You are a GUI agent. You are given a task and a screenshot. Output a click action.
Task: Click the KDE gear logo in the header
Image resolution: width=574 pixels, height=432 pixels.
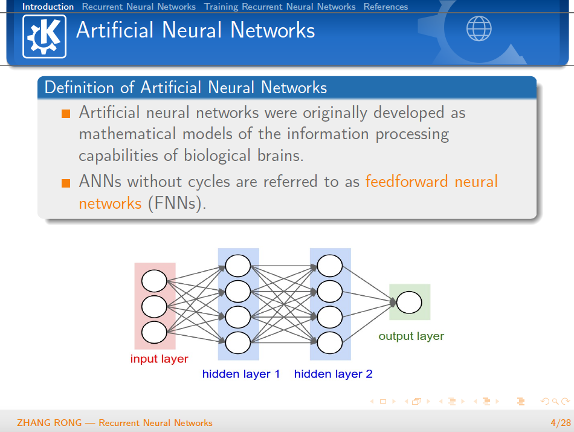coord(44,36)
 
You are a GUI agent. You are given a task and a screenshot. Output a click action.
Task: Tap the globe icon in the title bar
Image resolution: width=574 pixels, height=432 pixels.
coord(479,28)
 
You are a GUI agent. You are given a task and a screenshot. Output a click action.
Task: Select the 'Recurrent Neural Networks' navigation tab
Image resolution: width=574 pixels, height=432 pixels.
coord(139,7)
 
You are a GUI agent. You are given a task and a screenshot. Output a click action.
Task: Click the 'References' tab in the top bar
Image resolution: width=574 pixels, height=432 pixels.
coord(385,7)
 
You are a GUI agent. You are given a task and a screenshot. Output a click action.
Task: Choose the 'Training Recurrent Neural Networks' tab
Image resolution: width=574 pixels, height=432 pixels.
coord(280,7)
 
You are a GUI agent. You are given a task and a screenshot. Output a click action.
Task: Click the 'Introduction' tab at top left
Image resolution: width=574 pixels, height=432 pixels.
coord(48,7)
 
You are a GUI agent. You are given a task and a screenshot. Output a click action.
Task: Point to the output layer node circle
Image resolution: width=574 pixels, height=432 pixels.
coord(409,302)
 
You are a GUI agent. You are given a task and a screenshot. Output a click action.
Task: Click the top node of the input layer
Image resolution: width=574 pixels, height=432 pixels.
coord(154,281)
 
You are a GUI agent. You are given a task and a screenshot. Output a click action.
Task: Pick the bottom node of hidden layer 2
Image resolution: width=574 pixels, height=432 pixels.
coord(330,342)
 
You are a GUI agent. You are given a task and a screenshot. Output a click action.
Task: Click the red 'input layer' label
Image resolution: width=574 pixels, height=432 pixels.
coord(159,359)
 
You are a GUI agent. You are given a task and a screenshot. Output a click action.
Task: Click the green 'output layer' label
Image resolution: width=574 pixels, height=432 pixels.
coord(411,336)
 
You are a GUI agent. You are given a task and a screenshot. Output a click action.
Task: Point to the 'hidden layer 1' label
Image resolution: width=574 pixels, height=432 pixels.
coord(241,374)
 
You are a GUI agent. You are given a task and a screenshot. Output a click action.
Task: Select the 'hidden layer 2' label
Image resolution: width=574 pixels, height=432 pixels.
coord(333,374)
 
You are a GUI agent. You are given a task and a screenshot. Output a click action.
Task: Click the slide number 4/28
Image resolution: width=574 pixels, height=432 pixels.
coord(560,422)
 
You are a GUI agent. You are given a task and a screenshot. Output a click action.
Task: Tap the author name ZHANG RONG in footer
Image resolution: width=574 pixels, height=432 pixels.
coord(49,422)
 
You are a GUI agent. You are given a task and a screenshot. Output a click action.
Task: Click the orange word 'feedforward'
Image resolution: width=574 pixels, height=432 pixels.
coord(407,182)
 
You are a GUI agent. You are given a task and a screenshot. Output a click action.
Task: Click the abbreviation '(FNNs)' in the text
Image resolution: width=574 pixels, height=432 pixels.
coord(176,203)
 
